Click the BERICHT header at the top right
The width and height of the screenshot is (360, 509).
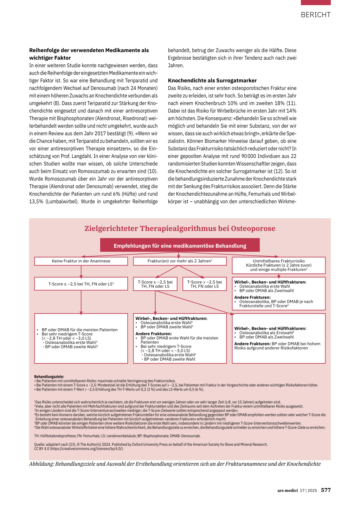point(315,15)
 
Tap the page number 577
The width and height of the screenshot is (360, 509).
point(326,490)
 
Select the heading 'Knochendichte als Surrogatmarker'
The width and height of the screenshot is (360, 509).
point(212,80)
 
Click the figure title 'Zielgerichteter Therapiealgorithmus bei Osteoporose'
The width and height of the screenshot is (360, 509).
point(180,228)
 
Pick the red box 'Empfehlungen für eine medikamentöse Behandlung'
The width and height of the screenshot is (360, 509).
point(180,246)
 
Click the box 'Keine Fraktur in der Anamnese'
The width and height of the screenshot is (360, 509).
point(81,261)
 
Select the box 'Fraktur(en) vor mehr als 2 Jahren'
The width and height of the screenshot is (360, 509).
point(180,261)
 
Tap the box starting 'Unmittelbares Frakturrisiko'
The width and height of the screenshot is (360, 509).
point(278,265)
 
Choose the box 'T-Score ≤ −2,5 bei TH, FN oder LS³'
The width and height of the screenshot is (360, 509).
point(81,284)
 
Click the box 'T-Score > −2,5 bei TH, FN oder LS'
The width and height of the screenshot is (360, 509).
point(204,284)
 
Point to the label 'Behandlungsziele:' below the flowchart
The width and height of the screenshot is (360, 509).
point(49,376)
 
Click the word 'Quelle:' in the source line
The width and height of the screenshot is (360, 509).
point(39,444)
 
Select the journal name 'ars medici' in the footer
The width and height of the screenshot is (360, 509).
point(287,490)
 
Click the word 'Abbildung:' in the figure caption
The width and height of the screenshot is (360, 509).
point(41,464)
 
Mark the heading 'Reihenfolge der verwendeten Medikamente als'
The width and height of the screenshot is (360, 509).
point(89,50)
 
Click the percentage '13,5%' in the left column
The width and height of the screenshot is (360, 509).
point(36,201)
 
